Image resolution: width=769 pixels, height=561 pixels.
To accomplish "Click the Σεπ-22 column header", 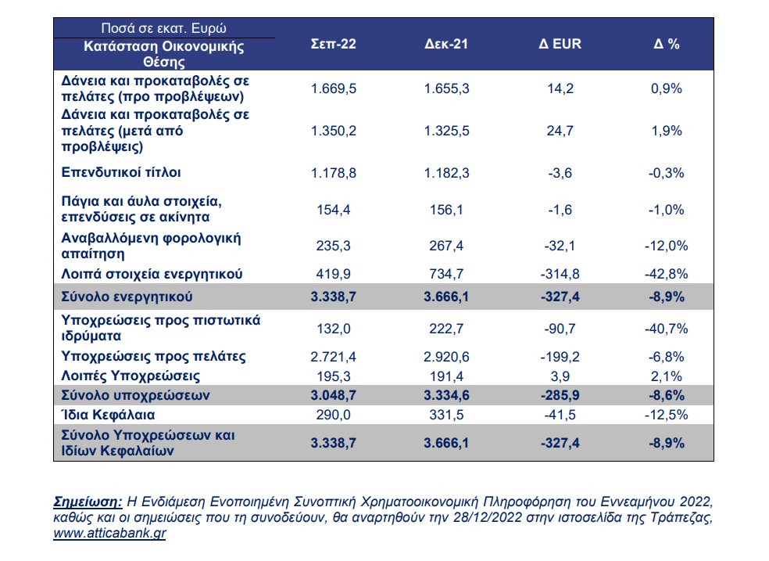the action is pyautogui.click(x=334, y=44).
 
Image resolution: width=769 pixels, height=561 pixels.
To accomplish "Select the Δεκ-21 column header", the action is pyautogui.click(x=446, y=44).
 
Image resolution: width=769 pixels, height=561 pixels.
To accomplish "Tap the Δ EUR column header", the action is pyautogui.click(x=560, y=44).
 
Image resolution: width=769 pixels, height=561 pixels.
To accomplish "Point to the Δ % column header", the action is pyautogui.click(x=667, y=44).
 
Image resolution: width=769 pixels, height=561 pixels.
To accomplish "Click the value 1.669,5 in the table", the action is pyautogui.click(x=334, y=89).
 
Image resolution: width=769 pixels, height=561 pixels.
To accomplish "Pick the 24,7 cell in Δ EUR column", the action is pyautogui.click(x=560, y=131).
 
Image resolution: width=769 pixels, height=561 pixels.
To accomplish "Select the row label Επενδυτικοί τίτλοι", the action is pyautogui.click(x=121, y=173).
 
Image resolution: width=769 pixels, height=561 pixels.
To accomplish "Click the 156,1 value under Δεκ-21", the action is pyautogui.click(x=446, y=210).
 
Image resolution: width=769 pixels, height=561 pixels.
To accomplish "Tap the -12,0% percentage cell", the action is pyautogui.click(x=667, y=246).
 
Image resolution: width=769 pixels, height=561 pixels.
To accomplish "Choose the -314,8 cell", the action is pyautogui.click(x=560, y=274).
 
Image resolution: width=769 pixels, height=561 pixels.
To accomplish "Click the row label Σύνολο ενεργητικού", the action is pyautogui.click(x=127, y=297).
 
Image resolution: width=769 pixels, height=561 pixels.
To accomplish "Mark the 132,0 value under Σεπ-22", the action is pyautogui.click(x=334, y=329).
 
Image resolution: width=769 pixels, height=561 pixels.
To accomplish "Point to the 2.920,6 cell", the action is pyautogui.click(x=446, y=357).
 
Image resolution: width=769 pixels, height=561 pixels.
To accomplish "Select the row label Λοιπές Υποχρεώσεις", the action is pyautogui.click(x=131, y=376).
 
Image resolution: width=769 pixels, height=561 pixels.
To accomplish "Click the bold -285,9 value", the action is pyautogui.click(x=560, y=396).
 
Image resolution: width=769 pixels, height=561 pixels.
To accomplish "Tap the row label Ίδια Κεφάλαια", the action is pyautogui.click(x=108, y=415).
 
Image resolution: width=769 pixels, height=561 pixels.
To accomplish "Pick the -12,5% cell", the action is pyautogui.click(x=667, y=415).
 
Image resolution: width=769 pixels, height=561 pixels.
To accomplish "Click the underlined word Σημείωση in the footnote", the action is pyautogui.click(x=88, y=502).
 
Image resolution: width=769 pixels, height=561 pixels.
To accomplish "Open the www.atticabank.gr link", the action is pyautogui.click(x=110, y=534).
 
